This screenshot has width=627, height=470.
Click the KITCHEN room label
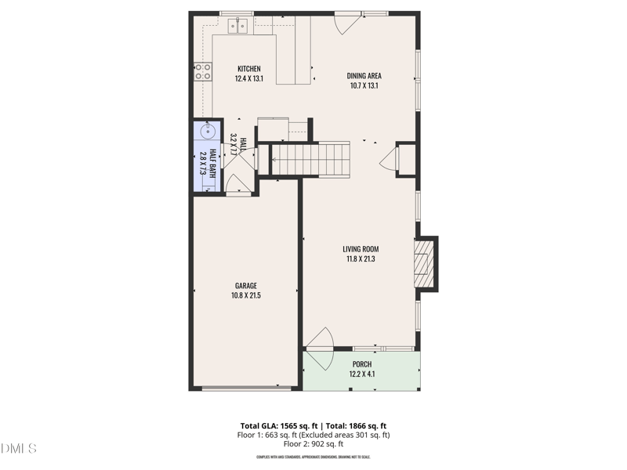[x=248, y=69]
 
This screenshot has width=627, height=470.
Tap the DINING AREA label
[x=364, y=76]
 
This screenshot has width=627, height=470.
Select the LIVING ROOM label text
[x=361, y=249]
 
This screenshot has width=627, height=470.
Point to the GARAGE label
[x=245, y=286]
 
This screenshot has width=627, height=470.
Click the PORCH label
[x=361, y=364]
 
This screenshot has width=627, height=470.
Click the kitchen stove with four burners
[x=203, y=72]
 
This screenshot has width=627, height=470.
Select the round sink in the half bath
[x=209, y=131]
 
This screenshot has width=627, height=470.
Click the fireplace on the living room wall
[x=424, y=263]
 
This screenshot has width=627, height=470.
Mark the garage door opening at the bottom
[x=247, y=387]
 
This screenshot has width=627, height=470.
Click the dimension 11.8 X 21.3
[x=361, y=259]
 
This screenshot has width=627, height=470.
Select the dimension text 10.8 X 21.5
[x=245, y=295]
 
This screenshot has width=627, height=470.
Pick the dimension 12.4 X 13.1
[x=248, y=78]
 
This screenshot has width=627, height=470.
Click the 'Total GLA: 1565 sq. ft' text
[x=277, y=426]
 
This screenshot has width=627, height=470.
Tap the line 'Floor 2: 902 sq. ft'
[x=313, y=444]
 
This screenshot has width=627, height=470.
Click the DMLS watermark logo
[x=19, y=449]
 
